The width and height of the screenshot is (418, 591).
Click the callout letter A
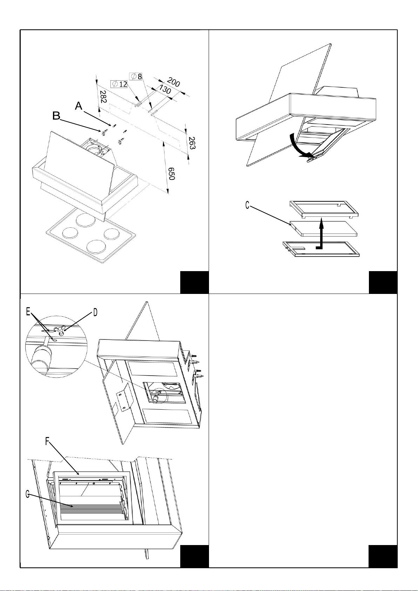pos(79,106)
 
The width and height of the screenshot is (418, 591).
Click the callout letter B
pos(56,116)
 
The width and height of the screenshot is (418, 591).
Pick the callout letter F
pos(48,442)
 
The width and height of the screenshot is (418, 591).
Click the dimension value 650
pos(171,173)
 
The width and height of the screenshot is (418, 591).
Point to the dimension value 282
pos(102,97)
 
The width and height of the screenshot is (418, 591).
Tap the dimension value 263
pos(191,143)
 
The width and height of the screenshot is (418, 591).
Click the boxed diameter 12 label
pos(119,84)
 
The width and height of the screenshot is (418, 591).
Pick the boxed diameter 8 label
pos(136,76)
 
